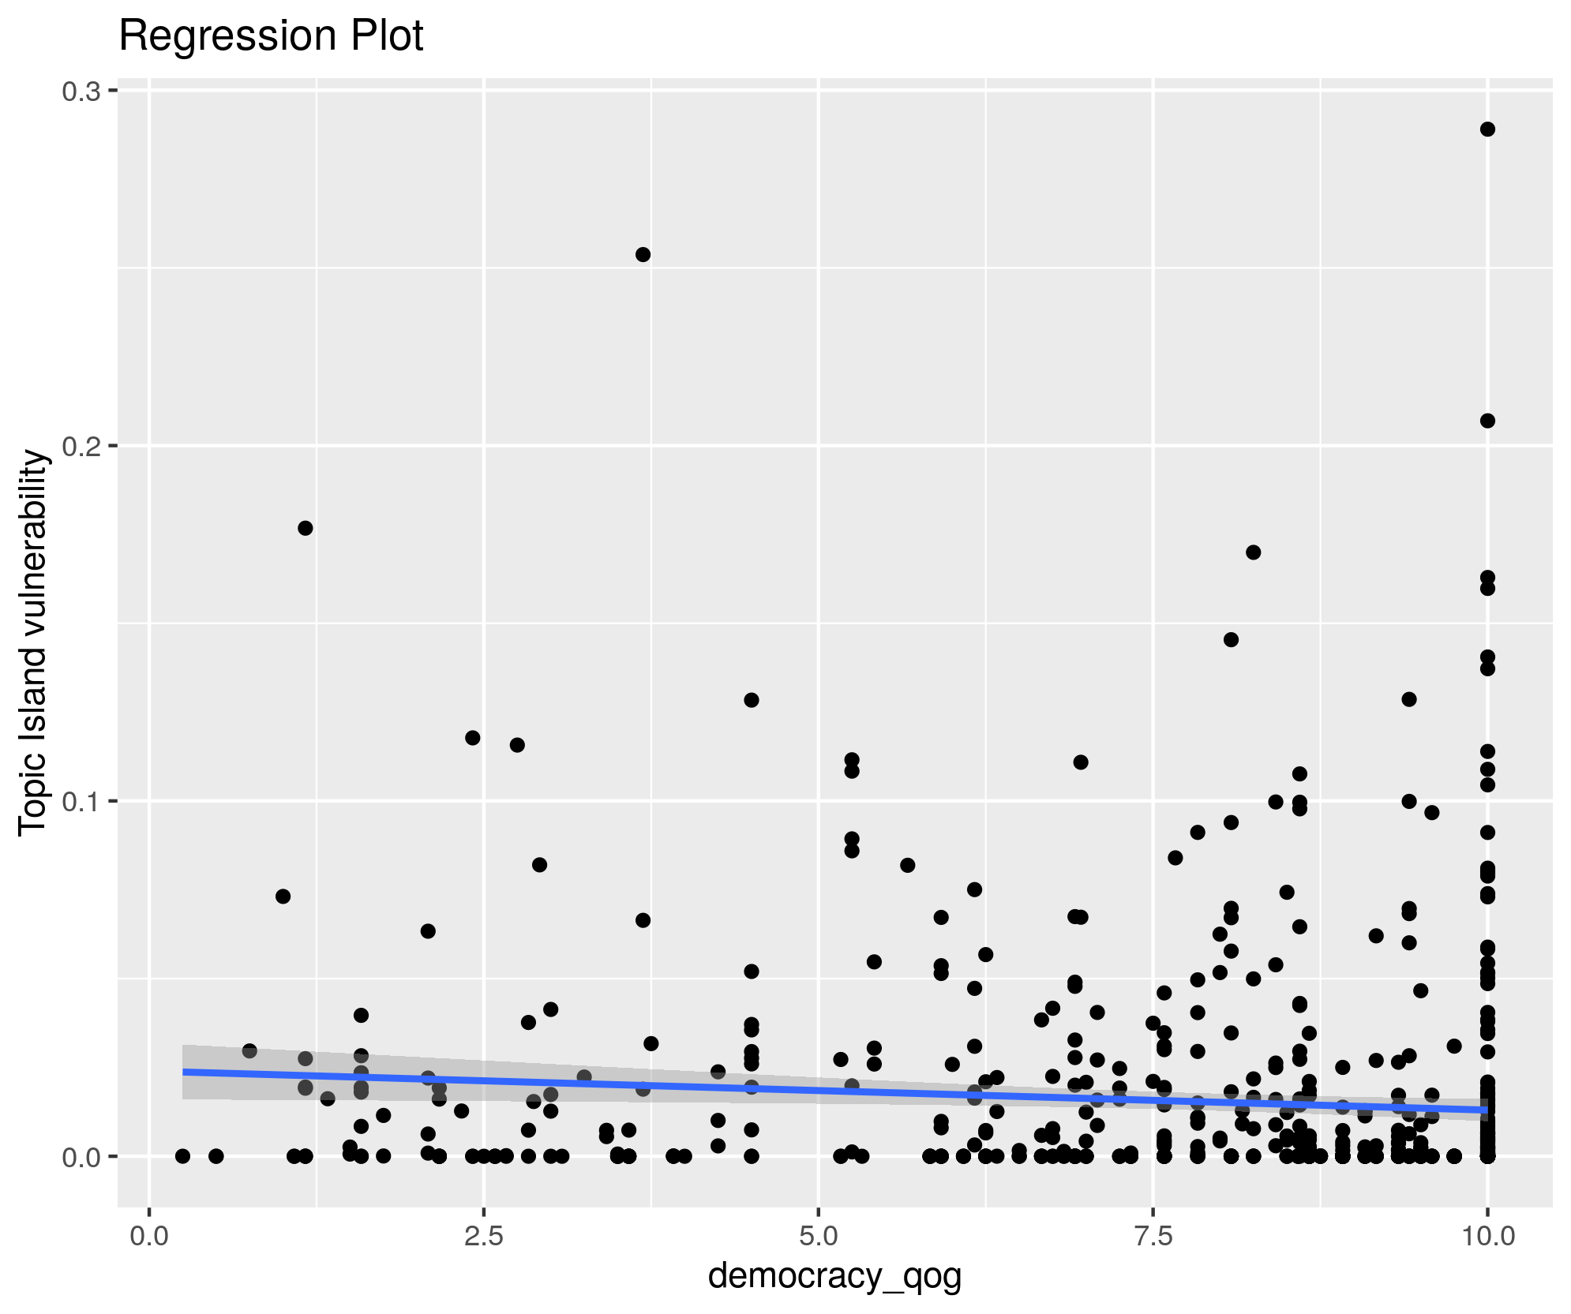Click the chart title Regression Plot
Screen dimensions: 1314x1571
coord(271,36)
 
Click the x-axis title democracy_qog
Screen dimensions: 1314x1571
coord(834,1275)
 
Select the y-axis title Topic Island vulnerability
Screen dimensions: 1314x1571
coord(33,642)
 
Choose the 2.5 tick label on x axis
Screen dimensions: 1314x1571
coord(484,1236)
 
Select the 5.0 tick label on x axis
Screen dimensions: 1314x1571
coord(819,1236)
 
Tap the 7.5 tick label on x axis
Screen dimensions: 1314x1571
coord(1153,1236)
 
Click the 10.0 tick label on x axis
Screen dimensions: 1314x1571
coord(1487,1236)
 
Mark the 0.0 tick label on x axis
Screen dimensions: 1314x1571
coord(149,1236)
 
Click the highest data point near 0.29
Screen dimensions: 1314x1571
coord(1487,129)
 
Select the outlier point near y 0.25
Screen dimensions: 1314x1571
coord(643,254)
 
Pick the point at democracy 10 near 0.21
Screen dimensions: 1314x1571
coord(1487,421)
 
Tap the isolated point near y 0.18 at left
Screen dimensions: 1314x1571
coord(306,528)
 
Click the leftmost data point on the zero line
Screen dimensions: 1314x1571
coord(182,1156)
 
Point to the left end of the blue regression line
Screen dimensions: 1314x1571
coord(184,1072)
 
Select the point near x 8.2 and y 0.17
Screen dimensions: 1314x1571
coord(1253,552)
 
